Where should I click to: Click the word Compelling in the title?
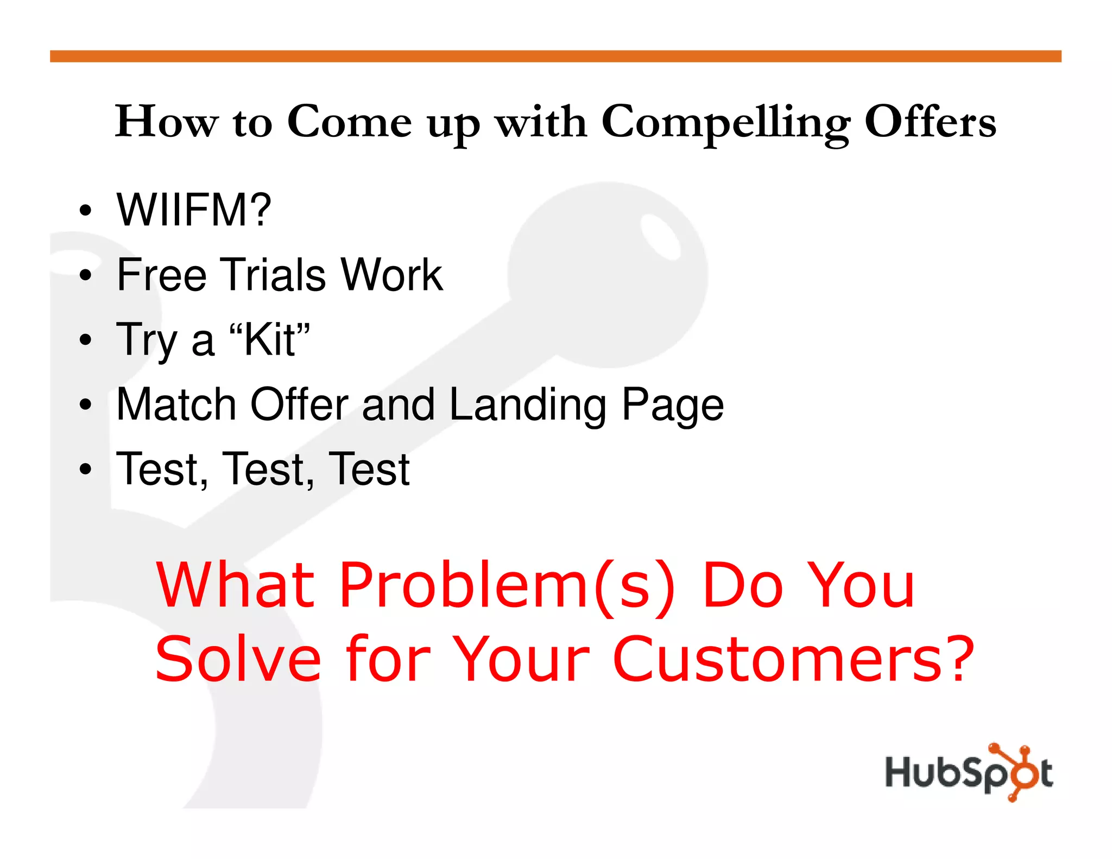coord(725,123)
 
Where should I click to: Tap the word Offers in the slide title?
coord(930,122)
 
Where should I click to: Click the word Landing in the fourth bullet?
coord(528,405)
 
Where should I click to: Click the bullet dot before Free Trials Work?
coord(85,275)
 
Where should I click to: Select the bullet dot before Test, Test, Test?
coord(85,469)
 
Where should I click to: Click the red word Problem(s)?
coord(508,585)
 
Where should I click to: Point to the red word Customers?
coord(793,659)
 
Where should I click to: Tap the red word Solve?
coord(238,659)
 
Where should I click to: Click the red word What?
coord(235,585)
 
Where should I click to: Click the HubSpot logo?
coord(969,772)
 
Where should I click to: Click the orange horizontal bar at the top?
coord(555,56)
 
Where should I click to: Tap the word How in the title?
coord(167,122)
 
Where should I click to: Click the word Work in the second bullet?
coord(391,275)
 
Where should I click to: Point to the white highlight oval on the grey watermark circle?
coord(660,237)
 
